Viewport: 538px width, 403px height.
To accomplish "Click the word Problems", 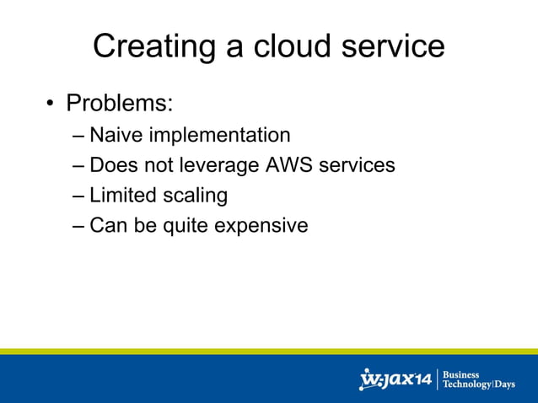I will pyautogui.click(x=120, y=104).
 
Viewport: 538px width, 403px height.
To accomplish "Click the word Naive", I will pyautogui.click(x=116, y=135).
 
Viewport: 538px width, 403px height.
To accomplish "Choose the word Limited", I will pyautogui.click(x=122, y=196).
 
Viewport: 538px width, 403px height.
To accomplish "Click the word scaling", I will pyautogui.click(x=195, y=196).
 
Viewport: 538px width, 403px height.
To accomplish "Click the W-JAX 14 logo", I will pyautogui.click(x=395, y=379).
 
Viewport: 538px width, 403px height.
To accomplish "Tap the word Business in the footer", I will pyautogui.click(x=461, y=374).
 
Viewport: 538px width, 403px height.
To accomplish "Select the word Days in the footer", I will pyautogui.click(x=505, y=384).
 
